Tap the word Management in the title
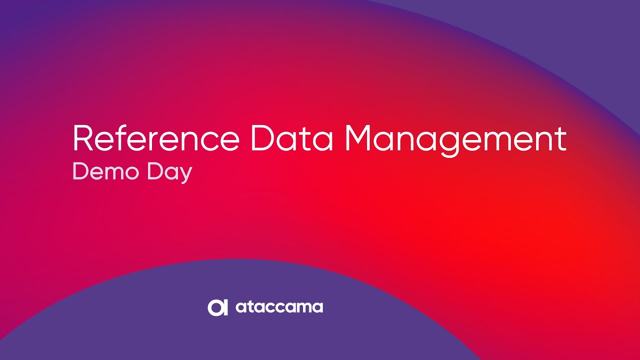pyautogui.click(x=455, y=141)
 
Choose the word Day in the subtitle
pyautogui.click(x=169, y=173)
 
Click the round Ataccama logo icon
pyautogui.click(x=217, y=307)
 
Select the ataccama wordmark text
pyautogui.click(x=279, y=307)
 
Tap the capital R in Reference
pyautogui.click(x=83, y=138)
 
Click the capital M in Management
pyautogui.click(x=358, y=138)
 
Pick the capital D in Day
pyautogui.click(x=154, y=171)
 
